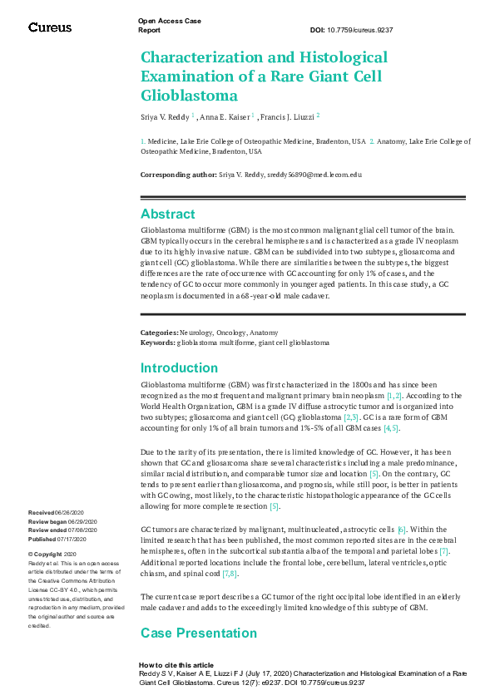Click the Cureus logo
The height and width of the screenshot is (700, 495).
[x=50, y=27]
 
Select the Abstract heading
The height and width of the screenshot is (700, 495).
[x=167, y=214]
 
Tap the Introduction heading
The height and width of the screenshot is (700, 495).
[x=179, y=368]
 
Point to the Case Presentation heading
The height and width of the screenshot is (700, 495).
[x=199, y=633]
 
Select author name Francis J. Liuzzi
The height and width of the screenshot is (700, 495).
[x=288, y=117]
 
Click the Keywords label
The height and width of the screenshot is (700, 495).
[x=157, y=341]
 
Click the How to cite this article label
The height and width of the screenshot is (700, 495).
[x=176, y=666]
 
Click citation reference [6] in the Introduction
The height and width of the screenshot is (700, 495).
[x=402, y=530]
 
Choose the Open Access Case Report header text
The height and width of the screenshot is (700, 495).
[x=169, y=24]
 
